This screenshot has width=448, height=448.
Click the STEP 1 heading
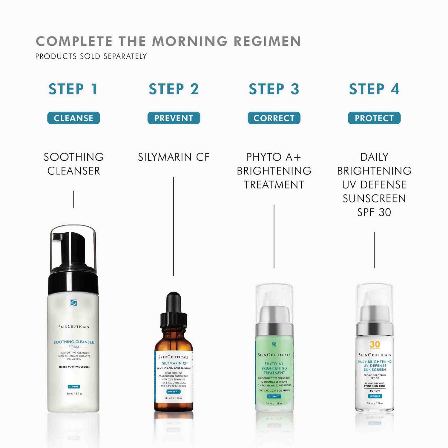coord(73,89)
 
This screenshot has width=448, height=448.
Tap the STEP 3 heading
coord(274,89)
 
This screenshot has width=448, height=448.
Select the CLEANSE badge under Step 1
coord(73,118)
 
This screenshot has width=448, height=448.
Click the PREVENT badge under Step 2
coord(174,118)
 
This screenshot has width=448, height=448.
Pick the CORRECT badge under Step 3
coord(274,118)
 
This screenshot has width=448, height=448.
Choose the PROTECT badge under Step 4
coord(374,118)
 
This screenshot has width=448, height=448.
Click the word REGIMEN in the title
coord(267,42)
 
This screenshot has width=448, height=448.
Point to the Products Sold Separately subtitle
coord(91,56)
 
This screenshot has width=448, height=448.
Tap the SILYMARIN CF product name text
coord(174,157)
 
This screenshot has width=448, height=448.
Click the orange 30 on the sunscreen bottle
coord(375,344)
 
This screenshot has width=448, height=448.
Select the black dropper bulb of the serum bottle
coord(174,302)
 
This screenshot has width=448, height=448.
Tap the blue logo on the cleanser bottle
coord(74,303)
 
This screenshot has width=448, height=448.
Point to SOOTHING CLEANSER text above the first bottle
coord(74,164)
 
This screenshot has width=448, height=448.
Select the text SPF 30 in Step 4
coord(374,212)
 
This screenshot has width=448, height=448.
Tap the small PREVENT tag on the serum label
coord(174,391)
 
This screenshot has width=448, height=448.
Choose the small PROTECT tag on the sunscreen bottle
coord(375,396)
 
